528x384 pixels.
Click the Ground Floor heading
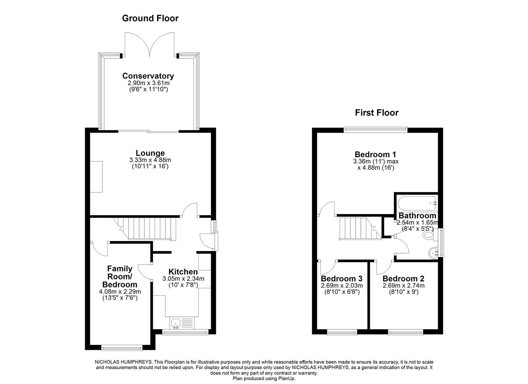pos(150,18)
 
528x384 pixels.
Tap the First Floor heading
pos(377,113)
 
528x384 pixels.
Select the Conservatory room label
pos(148,76)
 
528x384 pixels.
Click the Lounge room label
pos(150,154)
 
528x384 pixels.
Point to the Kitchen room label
pos(183,272)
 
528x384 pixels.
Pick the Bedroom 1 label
pos(375,154)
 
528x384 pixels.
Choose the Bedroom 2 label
pos(404,279)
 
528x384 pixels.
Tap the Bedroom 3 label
pos(342,279)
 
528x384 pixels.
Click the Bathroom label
pos(417,215)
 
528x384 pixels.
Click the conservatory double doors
pos(150,44)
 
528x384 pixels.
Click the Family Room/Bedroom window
pos(122,347)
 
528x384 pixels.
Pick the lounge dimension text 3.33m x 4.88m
pos(150,160)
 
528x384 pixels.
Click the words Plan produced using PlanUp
pos(264,379)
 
